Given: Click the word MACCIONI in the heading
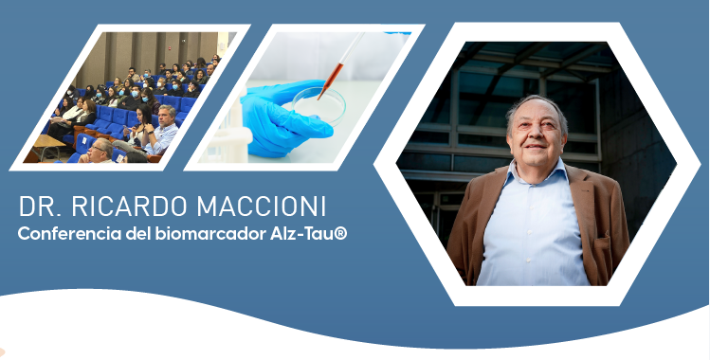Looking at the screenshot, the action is (262, 207).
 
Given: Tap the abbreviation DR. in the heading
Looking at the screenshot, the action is (41, 207).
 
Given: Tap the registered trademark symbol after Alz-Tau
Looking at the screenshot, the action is (341, 234).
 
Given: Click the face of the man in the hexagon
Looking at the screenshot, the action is (537, 138).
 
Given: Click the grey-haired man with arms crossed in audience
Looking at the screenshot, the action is (162, 131).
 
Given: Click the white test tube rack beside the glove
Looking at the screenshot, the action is (227, 131).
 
